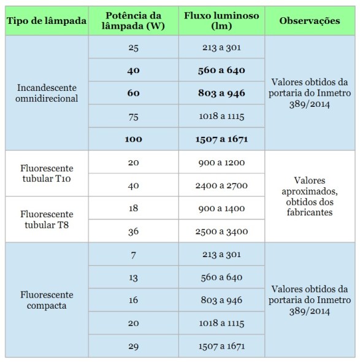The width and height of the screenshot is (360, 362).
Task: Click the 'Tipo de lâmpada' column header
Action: [46, 21]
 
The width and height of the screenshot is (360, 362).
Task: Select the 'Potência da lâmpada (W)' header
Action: [134, 21]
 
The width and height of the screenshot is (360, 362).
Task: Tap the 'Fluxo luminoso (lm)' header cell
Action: [221, 21]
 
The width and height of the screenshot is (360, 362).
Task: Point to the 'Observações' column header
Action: [309, 21]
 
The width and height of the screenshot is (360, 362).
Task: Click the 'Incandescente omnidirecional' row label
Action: [46, 93]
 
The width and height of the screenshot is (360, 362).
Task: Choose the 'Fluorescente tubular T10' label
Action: [46, 173]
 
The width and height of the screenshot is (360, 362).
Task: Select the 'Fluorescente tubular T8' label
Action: [46, 220]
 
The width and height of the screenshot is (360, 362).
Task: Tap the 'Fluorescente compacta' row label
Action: [46, 299]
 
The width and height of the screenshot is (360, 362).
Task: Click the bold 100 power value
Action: [134, 139]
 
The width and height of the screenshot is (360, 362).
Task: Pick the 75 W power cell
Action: [134, 116]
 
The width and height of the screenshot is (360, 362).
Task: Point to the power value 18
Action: [134, 209]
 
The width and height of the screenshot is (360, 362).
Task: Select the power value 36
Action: [134, 231]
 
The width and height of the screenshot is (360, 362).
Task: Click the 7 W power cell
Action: [134, 254]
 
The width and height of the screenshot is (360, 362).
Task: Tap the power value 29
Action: [134, 346]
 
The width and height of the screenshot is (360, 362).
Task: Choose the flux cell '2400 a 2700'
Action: [221, 185]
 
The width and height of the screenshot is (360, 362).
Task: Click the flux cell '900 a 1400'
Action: [221, 209]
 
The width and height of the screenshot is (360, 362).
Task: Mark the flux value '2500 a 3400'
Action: [221, 231]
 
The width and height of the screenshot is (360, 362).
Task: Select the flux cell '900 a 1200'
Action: [221, 163]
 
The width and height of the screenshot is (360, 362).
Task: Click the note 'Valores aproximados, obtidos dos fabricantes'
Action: [309, 197]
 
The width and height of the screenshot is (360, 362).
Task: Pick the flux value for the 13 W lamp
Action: [221, 277]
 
